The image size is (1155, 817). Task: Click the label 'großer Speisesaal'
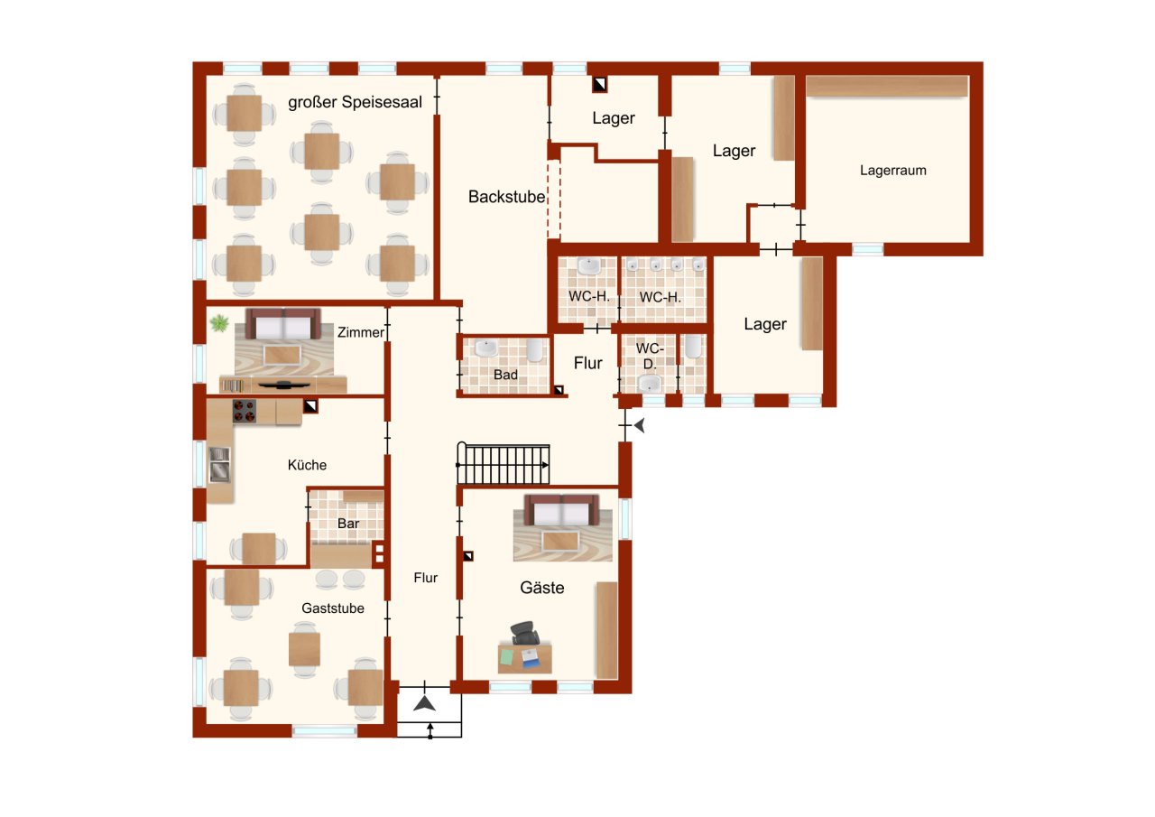[x=355, y=103]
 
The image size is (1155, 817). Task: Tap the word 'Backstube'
[x=506, y=197]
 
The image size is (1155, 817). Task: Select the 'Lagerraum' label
[x=892, y=170]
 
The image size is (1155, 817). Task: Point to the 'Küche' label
[x=307, y=465]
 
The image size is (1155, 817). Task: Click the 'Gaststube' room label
[x=333, y=608]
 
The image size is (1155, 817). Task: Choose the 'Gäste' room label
[x=541, y=588]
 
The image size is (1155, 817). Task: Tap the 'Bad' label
[x=504, y=374]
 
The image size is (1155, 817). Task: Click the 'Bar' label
[x=348, y=524]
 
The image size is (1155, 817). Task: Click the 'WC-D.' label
[x=648, y=356]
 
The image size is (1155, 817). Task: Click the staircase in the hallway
[x=504, y=464]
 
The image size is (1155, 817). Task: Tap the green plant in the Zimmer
[x=219, y=322]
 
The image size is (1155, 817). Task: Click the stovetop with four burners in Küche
[x=245, y=411]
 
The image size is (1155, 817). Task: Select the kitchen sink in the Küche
[x=219, y=464]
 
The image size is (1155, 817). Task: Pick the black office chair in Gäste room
[x=522, y=633]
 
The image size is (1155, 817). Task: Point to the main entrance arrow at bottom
[x=424, y=702]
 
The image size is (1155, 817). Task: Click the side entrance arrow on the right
[x=640, y=425]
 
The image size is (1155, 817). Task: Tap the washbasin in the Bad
[x=485, y=348]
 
